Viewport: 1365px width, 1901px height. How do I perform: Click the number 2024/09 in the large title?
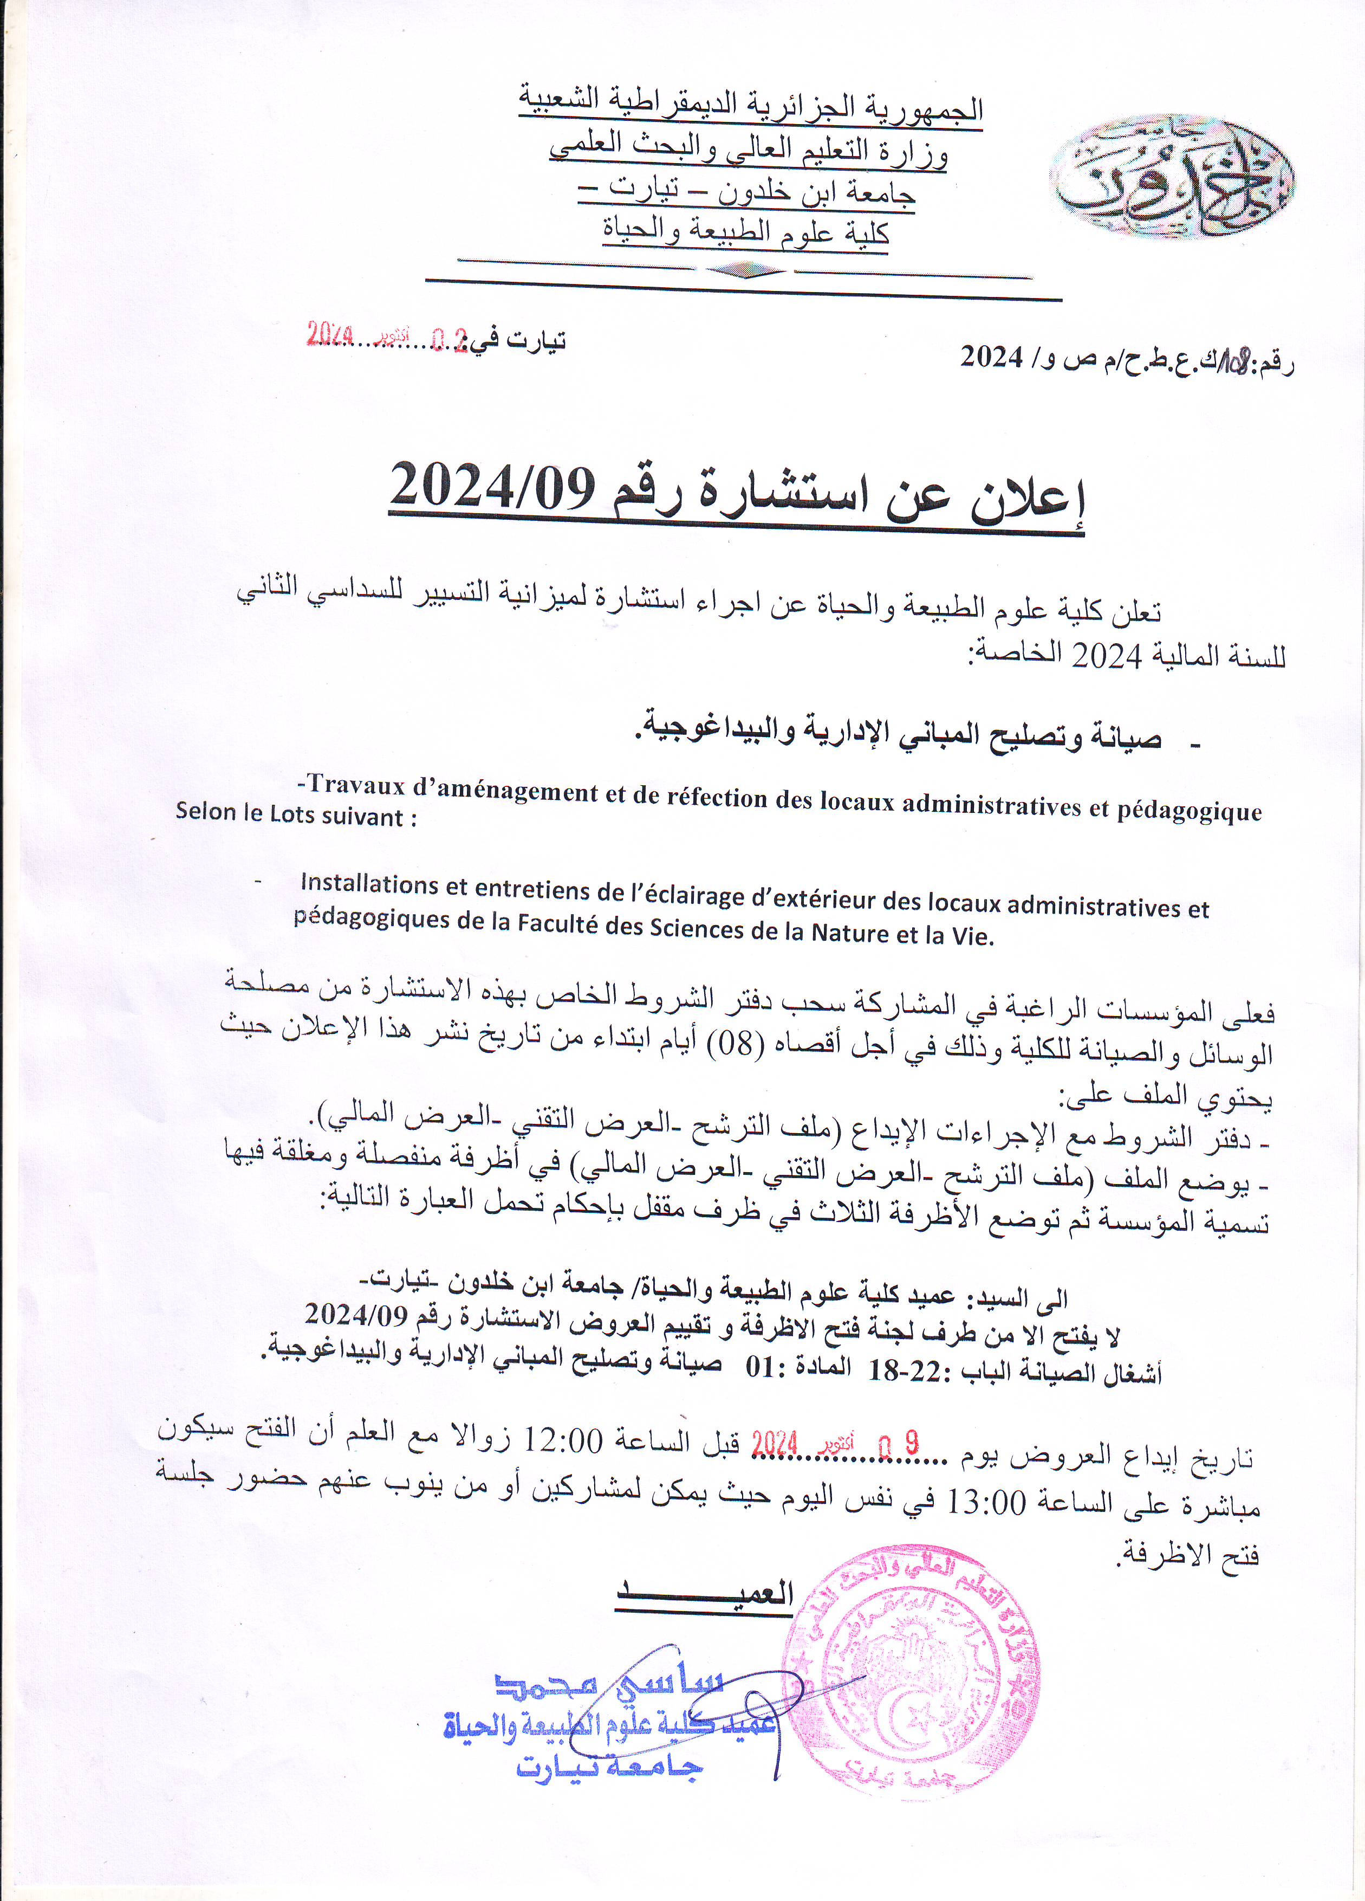(x=493, y=487)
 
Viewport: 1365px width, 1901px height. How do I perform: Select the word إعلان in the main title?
(x=1030, y=500)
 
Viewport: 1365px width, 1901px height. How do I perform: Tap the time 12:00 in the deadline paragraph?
(x=563, y=1441)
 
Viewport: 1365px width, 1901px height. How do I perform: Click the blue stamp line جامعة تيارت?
(x=610, y=1767)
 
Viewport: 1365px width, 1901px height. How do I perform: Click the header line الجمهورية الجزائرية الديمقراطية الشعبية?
(x=751, y=106)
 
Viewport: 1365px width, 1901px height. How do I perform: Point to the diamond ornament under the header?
(x=745, y=270)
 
